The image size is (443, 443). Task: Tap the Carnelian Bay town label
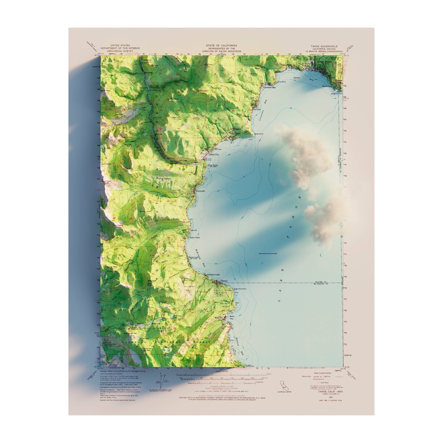click(x=269, y=87)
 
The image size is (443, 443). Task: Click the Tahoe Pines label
click(x=195, y=238)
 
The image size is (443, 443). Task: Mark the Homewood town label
click(x=193, y=258)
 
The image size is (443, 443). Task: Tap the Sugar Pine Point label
click(x=240, y=289)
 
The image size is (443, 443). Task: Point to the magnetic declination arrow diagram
click(x=162, y=381)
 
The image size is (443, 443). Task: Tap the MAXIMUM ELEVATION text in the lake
click(x=267, y=254)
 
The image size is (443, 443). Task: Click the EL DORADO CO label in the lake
click(x=321, y=284)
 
